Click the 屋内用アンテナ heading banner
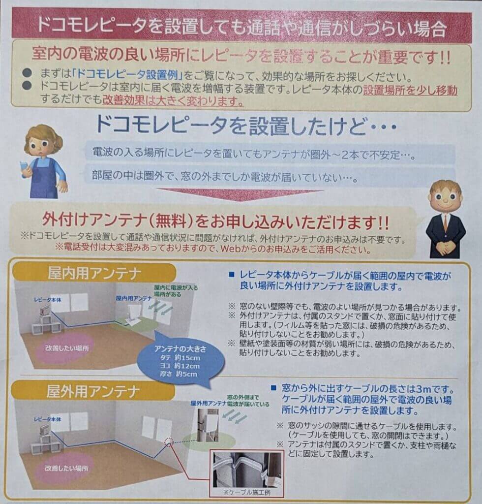pos(94,273)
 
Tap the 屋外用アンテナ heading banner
pos(93,391)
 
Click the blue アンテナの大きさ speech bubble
pos(181,361)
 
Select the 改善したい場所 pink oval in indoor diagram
pos(67,348)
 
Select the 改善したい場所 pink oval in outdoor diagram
pos(66,469)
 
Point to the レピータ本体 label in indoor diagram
pos(48,300)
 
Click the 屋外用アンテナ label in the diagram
pos(209,403)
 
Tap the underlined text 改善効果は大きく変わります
pos(173,101)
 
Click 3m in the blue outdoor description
pos(423,389)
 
